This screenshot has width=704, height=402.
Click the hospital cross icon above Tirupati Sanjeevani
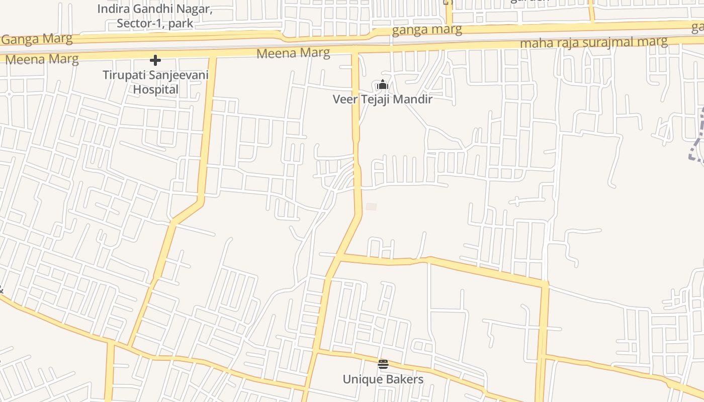tap(155, 61)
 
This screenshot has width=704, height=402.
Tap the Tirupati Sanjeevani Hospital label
tap(155, 82)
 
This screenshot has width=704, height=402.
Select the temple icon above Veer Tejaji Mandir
tap(383, 85)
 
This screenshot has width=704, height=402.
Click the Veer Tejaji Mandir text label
tap(382, 99)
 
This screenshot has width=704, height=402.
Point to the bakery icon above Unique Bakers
tap(383, 364)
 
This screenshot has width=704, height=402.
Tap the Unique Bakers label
tap(383, 379)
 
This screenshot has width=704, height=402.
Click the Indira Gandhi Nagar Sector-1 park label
tap(155, 16)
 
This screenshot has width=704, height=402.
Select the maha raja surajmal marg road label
tap(593, 42)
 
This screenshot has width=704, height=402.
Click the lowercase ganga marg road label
tap(426, 30)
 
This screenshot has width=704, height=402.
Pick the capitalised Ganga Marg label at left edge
tap(37, 39)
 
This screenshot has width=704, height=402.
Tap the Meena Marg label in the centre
tap(293, 53)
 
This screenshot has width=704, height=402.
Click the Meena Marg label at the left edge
tap(42, 59)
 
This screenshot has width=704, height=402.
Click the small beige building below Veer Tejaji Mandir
tap(371, 207)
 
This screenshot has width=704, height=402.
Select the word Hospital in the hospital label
tap(155, 89)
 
